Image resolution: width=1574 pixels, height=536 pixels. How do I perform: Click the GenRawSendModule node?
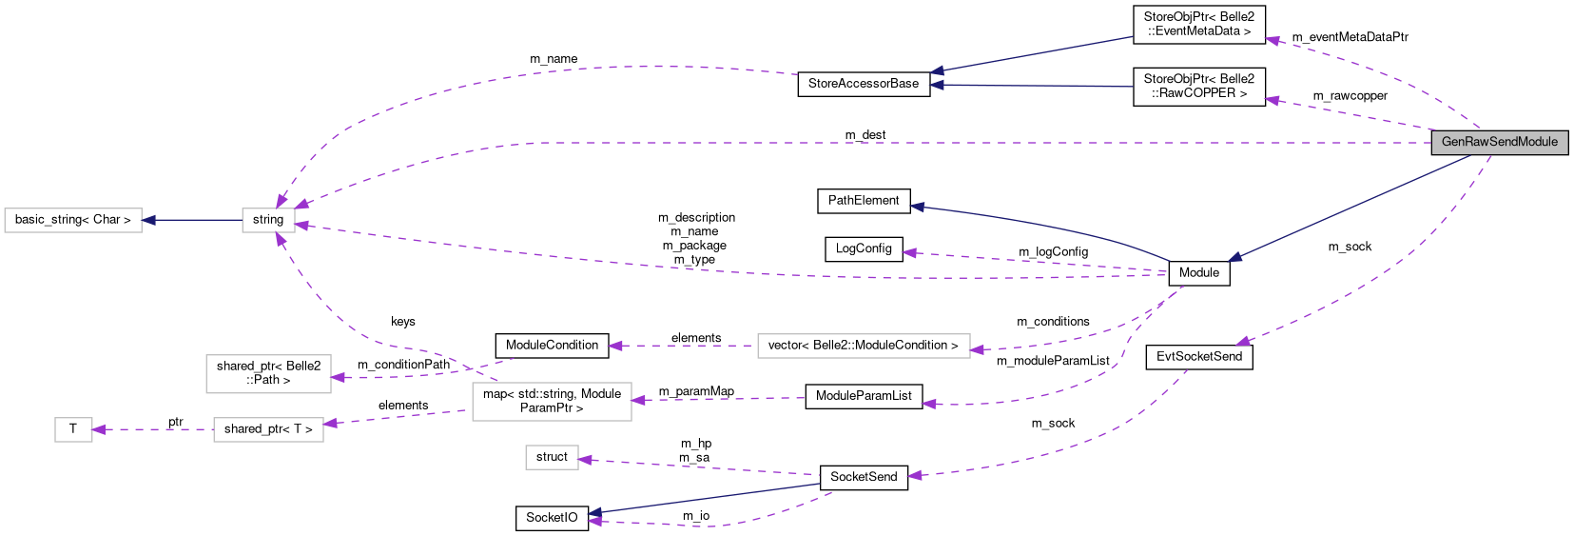pos(1499,142)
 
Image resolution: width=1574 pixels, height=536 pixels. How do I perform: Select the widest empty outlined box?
pos(864,346)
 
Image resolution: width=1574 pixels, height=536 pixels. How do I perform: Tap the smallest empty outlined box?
pos(73,429)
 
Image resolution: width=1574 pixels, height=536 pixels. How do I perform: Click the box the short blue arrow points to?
pos(73,220)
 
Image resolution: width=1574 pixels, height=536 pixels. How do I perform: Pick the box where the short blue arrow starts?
pos(268,220)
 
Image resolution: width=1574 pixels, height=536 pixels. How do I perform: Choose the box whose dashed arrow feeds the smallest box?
pos(268,429)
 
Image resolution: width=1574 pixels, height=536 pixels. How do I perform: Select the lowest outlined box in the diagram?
pos(552,457)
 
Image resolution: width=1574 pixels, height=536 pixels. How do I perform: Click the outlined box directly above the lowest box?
pos(552,401)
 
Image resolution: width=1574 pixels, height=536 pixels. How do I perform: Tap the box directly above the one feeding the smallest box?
pos(268,373)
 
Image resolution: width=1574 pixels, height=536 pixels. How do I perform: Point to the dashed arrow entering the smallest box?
pos(152,429)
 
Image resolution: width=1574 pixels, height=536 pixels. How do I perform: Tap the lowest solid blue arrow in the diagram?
pos(704,499)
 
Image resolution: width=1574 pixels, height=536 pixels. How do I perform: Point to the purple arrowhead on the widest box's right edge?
pos(978,350)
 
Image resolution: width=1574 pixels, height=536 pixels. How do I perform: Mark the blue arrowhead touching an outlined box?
pos(148,220)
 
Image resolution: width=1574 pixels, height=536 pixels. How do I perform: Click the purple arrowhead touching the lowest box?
pos(586,460)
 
